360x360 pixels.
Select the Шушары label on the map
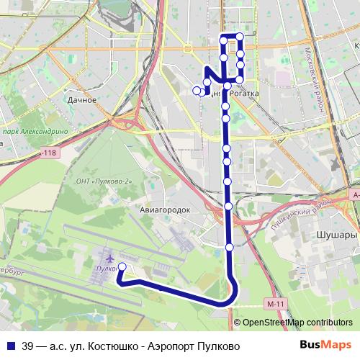[337, 235]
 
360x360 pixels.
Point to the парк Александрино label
[34, 132]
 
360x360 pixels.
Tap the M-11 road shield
[271, 305]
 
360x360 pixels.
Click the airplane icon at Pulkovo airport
[109, 257]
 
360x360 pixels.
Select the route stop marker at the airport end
[122, 267]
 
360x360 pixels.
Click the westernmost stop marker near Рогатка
[197, 90]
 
